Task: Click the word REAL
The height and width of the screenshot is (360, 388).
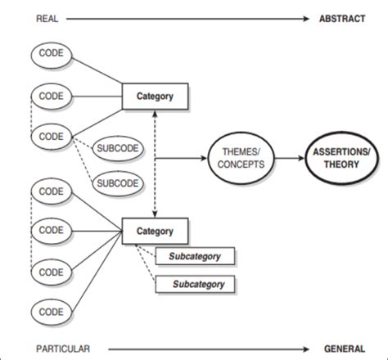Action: click(x=47, y=19)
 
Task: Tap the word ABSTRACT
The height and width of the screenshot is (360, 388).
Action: click(x=342, y=19)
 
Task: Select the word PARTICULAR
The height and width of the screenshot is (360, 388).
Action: click(x=63, y=349)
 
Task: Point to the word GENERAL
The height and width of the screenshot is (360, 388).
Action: click(x=345, y=349)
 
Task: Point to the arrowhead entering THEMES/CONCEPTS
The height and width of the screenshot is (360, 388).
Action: click(x=204, y=158)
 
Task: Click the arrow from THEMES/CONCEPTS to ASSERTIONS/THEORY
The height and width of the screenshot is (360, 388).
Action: click(x=289, y=158)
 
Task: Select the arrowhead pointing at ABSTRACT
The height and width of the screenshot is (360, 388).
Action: click(x=306, y=19)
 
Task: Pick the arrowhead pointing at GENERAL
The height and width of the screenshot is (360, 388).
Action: click(x=306, y=349)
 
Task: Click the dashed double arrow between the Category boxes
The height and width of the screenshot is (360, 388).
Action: click(x=155, y=164)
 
